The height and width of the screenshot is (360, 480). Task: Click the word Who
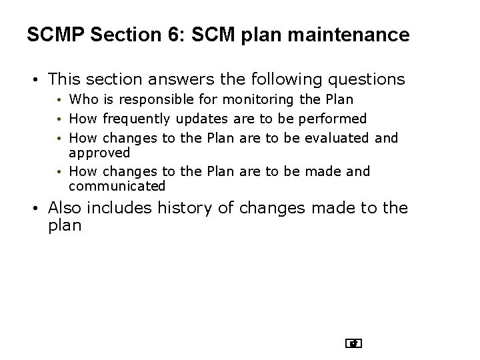tap(83, 100)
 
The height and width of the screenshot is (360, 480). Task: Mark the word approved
tap(99, 151)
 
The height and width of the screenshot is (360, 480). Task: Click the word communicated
tap(117, 186)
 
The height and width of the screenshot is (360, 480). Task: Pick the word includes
tap(122, 208)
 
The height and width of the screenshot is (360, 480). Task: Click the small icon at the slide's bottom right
tap(354, 344)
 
